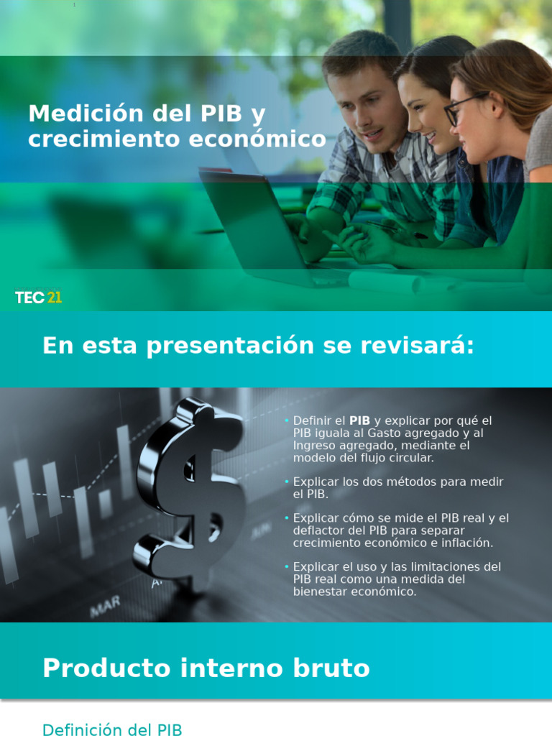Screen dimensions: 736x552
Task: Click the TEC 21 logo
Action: (x=38, y=297)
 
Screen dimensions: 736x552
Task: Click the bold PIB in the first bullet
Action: (x=359, y=420)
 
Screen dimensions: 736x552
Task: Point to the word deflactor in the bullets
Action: (x=318, y=530)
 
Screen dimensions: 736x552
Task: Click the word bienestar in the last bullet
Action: (x=318, y=592)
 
